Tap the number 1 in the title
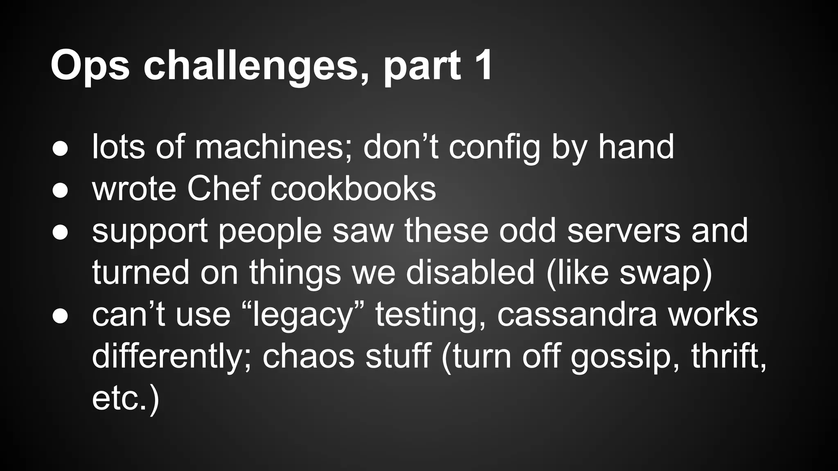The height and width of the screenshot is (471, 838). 482,65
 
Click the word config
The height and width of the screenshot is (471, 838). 495,148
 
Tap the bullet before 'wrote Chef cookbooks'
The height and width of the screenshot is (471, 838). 60,191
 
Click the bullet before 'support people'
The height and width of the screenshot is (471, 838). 60,232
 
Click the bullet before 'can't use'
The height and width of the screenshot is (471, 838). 60,316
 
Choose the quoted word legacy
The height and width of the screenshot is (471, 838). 302,316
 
